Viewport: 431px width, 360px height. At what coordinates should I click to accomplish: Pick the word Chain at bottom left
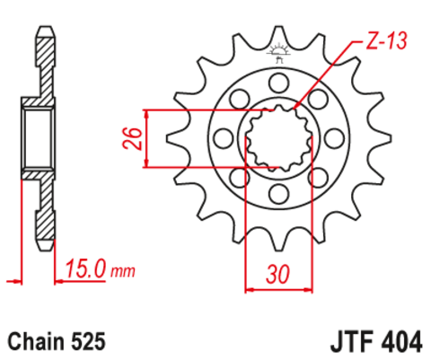31,342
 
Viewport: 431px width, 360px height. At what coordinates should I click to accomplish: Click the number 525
88,342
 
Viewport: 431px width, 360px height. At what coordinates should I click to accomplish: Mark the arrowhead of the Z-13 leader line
297,110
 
